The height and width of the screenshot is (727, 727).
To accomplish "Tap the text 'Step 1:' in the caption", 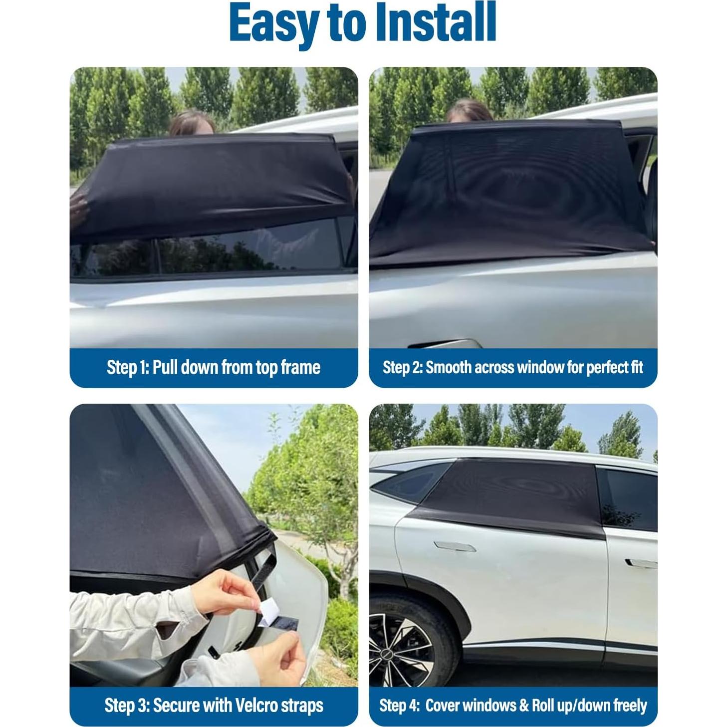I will point(127,368).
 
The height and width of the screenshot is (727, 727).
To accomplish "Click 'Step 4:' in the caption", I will point(399,706).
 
